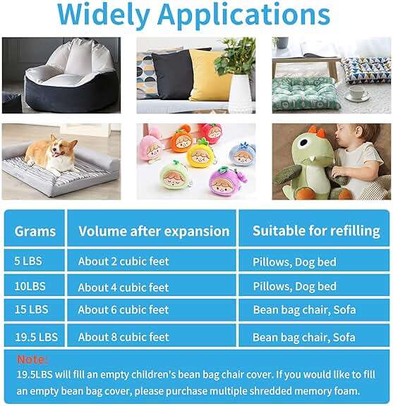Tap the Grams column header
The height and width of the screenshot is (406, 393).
pyautogui.click(x=35, y=231)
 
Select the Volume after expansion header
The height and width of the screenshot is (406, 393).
pyautogui.click(x=154, y=231)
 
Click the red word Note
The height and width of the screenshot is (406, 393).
pyautogui.click(x=32, y=359)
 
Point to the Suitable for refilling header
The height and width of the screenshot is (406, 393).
pyautogui.click(x=316, y=231)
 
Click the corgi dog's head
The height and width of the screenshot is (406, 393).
pyautogui.click(x=61, y=147)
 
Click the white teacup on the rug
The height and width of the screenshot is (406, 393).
pyautogui.click(x=358, y=92)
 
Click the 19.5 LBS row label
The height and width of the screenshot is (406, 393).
pyautogui.click(x=36, y=337)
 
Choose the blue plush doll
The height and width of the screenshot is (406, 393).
pyautogui.click(x=241, y=154)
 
